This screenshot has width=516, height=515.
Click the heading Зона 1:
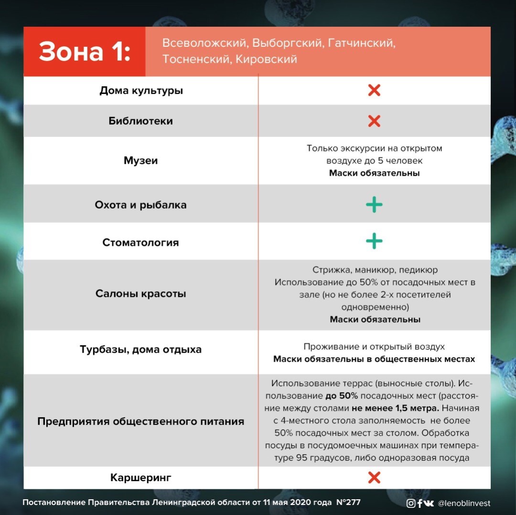click(85, 52)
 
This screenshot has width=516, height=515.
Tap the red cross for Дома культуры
click(374, 90)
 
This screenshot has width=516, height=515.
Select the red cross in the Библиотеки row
click(374, 121)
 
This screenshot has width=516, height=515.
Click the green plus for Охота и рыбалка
click(374, 205)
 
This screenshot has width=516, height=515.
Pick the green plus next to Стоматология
click(374, 242)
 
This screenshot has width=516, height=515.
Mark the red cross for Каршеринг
click(374, 477)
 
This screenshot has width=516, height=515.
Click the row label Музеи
click(140, 161)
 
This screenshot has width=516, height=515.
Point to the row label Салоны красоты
click(140, 294)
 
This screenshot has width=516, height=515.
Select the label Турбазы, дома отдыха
click(140, 349)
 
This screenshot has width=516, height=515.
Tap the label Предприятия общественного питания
click(140, 421)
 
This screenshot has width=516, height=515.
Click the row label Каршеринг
click(140, 478)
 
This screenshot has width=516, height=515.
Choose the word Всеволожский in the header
click(204, 43)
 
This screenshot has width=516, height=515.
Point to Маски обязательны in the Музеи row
click(374, 173)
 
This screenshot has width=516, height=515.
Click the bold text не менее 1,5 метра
click(395, 408)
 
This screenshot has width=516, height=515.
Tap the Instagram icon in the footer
click(411, 503)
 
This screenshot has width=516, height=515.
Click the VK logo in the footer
click(429, 503)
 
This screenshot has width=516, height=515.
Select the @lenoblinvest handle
click(464, 503)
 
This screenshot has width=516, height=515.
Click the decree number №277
click(348, 503)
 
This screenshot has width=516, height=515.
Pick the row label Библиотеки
click(140, 121)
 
